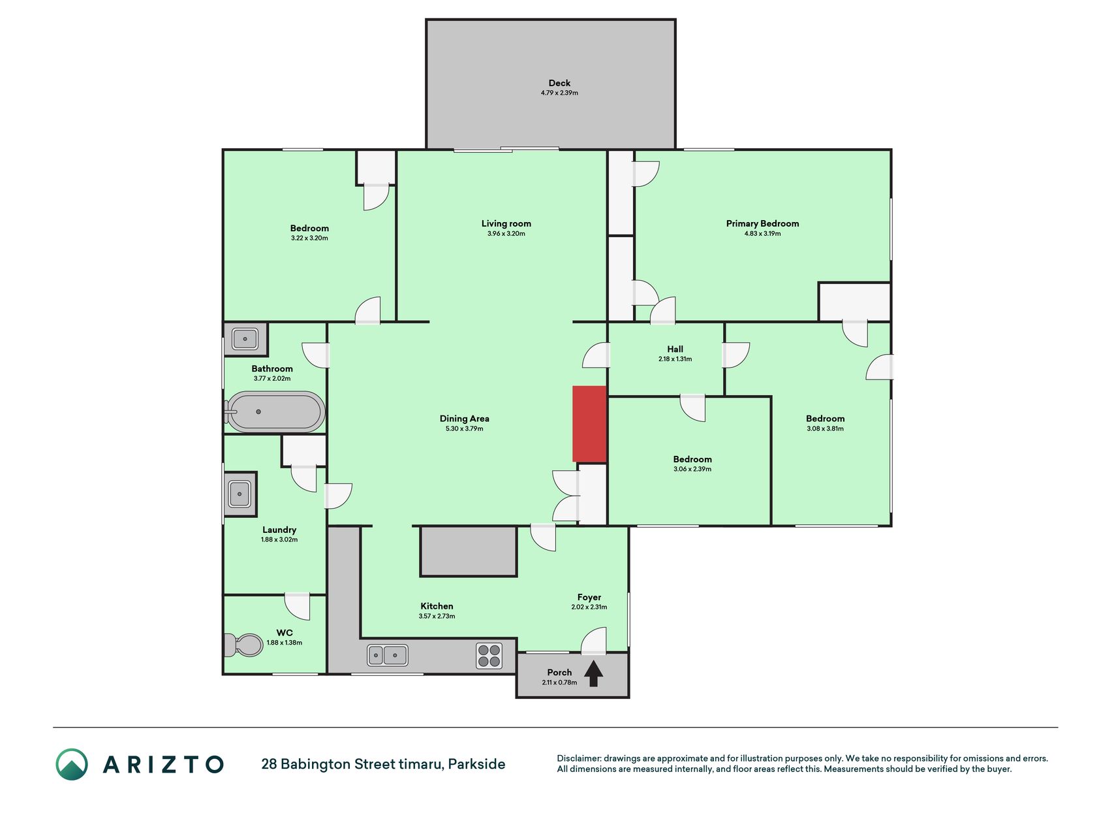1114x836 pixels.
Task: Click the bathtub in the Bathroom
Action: pyautogui.click(x=275, y=412)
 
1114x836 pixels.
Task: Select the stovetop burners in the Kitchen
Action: pyautogui.click(x=489, y=656)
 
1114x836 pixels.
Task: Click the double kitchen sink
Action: pyautogui.click(x=388, y=655)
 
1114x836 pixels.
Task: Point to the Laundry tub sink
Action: pyautogui.click(x=240, y=494)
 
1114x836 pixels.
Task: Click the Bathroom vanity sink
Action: pyautogui.click(x=245, y=339)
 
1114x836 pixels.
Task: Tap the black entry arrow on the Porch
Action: pyautogui.click(x=593, y=674)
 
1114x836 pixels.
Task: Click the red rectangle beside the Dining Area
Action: pyautogui.click(x=589, y=424)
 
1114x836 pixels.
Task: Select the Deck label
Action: pyautogui.click(x=559, y=83)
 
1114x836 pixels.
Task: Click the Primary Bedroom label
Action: pyautogui.click(x=762, y=223)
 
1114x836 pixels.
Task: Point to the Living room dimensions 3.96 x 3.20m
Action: pyautogui.click(x=506, y=234)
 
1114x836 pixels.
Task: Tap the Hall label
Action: pyautogui.click(x=675, y=349)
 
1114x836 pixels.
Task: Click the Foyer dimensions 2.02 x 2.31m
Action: pyautogui.click(x=589, y=607)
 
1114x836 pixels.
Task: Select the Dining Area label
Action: pyautogui.click(x=465, y=419)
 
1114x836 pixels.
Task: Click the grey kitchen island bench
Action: pyautogui.click(x=469, y=552)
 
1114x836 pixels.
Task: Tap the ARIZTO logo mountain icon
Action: pyautogui.click(x=72, y=764)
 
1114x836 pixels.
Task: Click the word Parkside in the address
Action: pyautogui.click(x=477, y=764)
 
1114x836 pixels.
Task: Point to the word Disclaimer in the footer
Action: pyautogui.click(x=579, y=758)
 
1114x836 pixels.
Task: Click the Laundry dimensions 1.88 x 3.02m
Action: pyautogui.click(x=279, y=540)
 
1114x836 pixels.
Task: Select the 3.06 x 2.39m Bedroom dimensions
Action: pyautogui.click(x=692, y=470)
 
